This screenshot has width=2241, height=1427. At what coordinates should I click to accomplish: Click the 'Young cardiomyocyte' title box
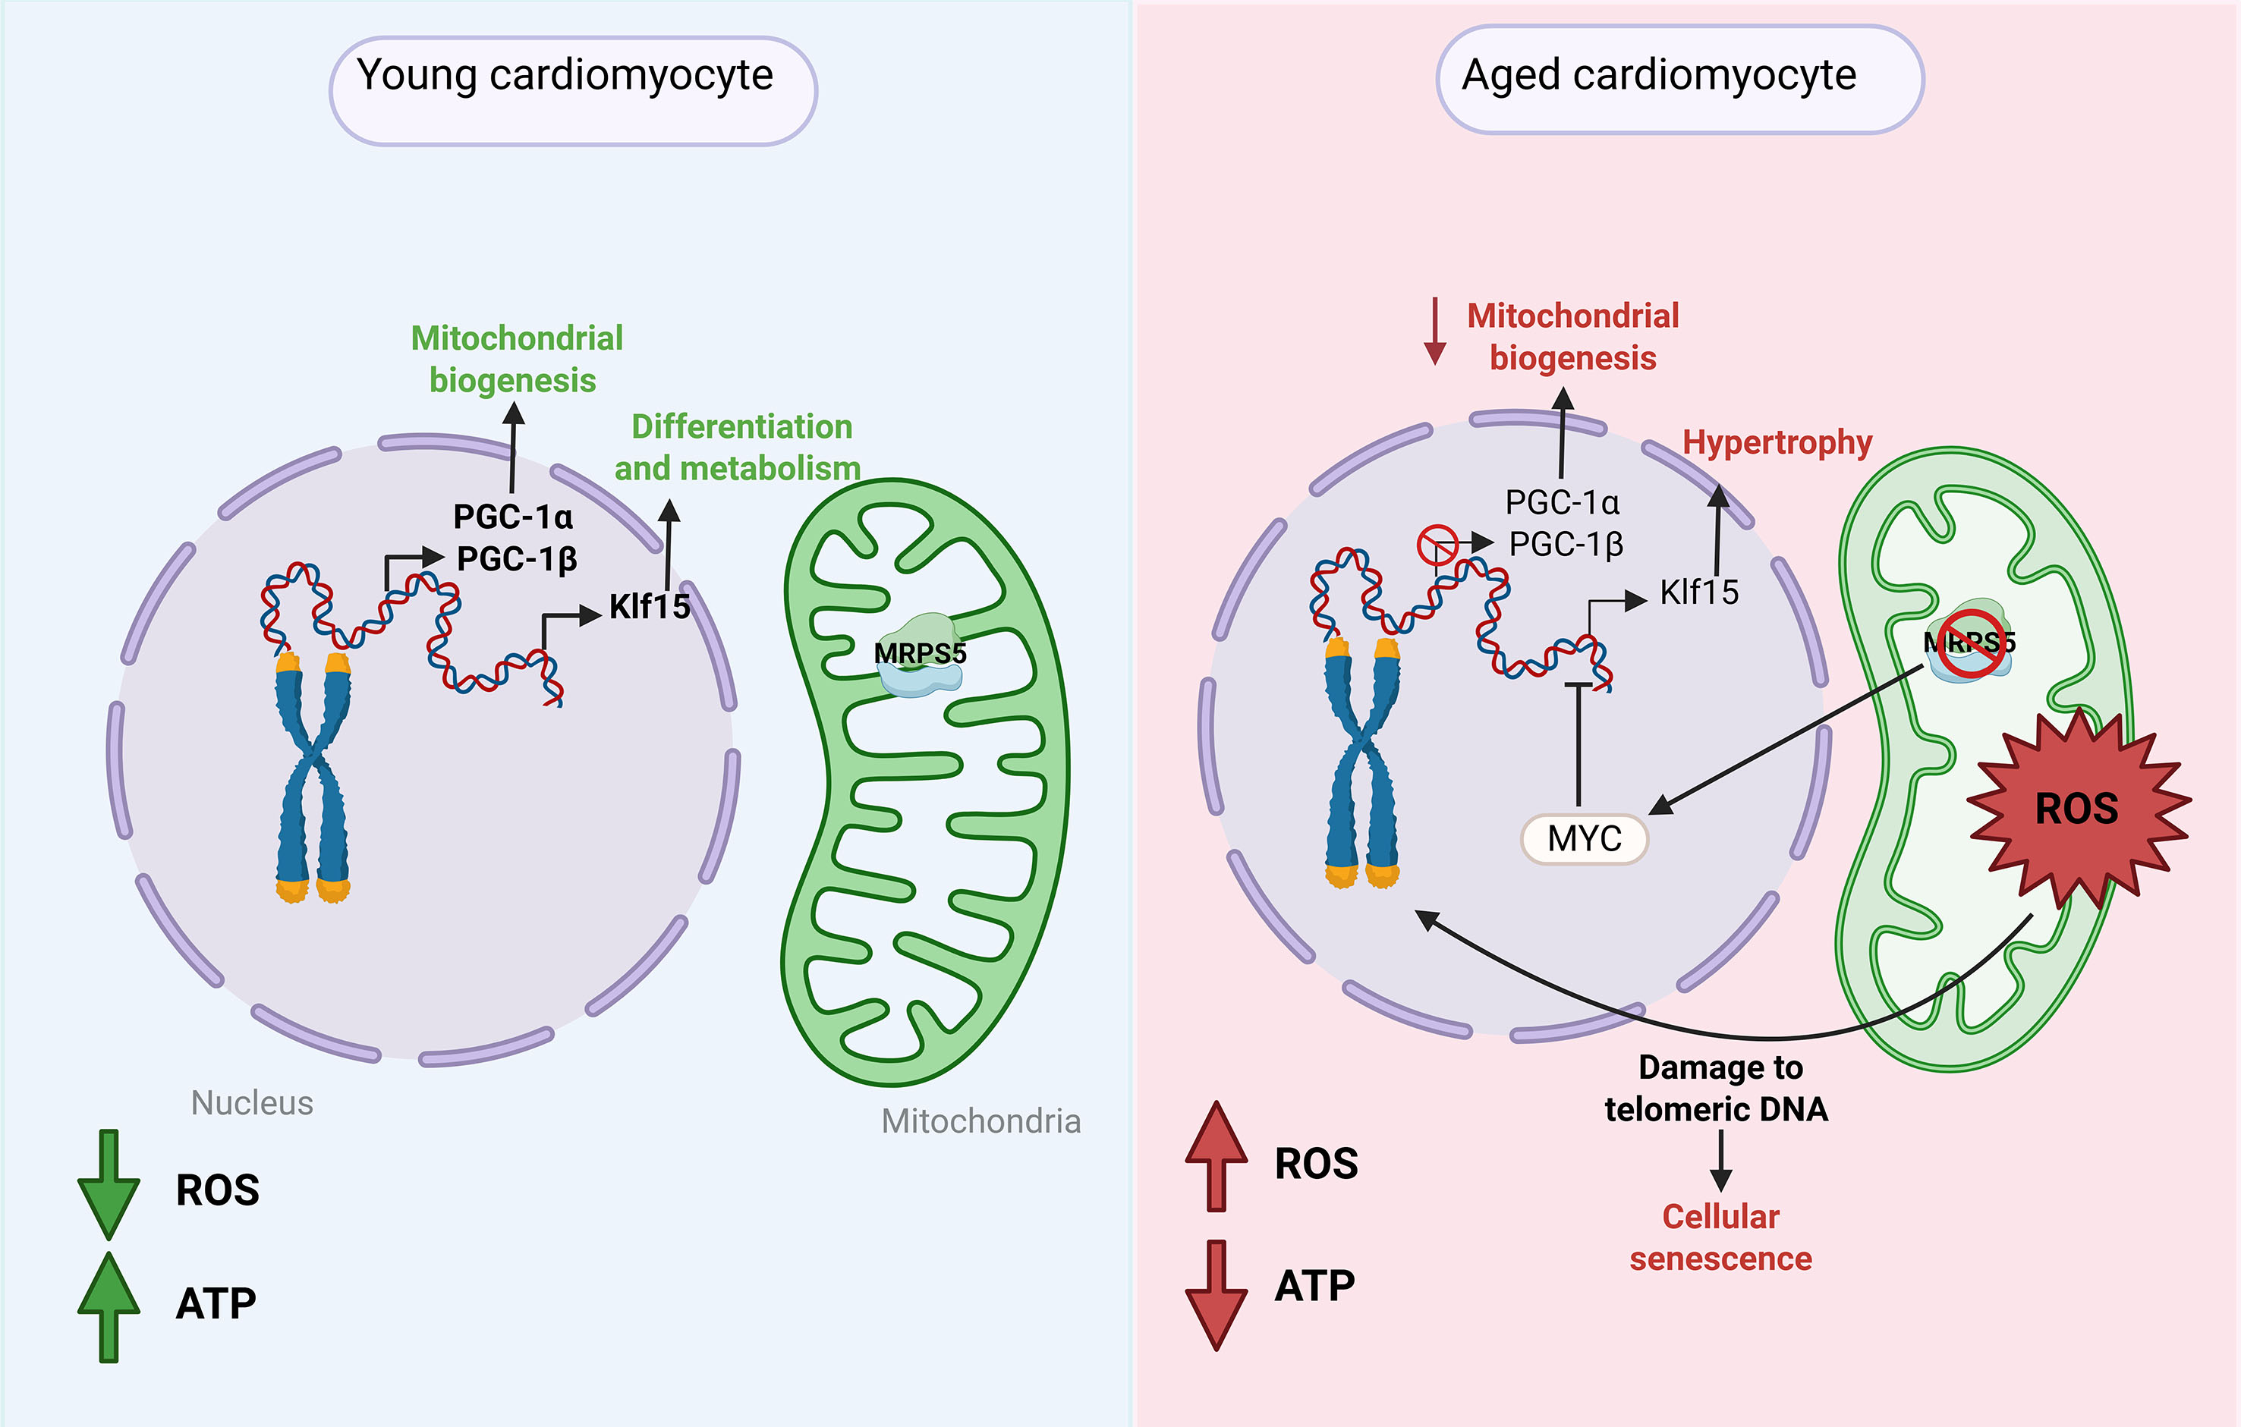pyautogui.click(x=572, y=90)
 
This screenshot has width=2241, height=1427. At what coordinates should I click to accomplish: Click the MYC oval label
pyautogui.click(x=1584, y=838)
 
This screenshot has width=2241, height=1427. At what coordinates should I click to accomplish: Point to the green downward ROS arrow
pyautogui.click(x=109, y=1184)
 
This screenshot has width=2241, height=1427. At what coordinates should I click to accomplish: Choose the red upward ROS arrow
pyautogui.click(x=1216, y=1156)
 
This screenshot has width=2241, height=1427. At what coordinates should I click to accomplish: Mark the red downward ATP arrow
pyautogui.click(x=1216, y=1293)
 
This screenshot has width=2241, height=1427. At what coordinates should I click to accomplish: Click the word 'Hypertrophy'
pyautogui.click(x=1777, y=443)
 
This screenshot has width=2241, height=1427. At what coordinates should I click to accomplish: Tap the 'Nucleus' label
pyautogui.click(x=251, y=1103)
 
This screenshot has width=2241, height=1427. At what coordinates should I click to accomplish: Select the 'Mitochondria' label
pyautogui.click(x=981, y=1122)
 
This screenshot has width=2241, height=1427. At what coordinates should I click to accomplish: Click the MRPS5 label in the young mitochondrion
pyautogui.click(x=920, y=653)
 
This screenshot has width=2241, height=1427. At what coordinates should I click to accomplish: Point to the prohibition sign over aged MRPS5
pyautogui.click(x=1971, y=643)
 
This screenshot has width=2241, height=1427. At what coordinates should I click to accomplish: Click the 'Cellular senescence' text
pyautogui.click(x=1720, y=1237)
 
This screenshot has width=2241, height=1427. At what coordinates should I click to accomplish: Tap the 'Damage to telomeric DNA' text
pyautogui.click(x=1717, y=1089)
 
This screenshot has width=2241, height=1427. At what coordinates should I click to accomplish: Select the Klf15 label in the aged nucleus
pyautogui.click(x=1698, y=592)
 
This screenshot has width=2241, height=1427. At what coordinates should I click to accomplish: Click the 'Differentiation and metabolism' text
pyautogui.click(x=737, y=448)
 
